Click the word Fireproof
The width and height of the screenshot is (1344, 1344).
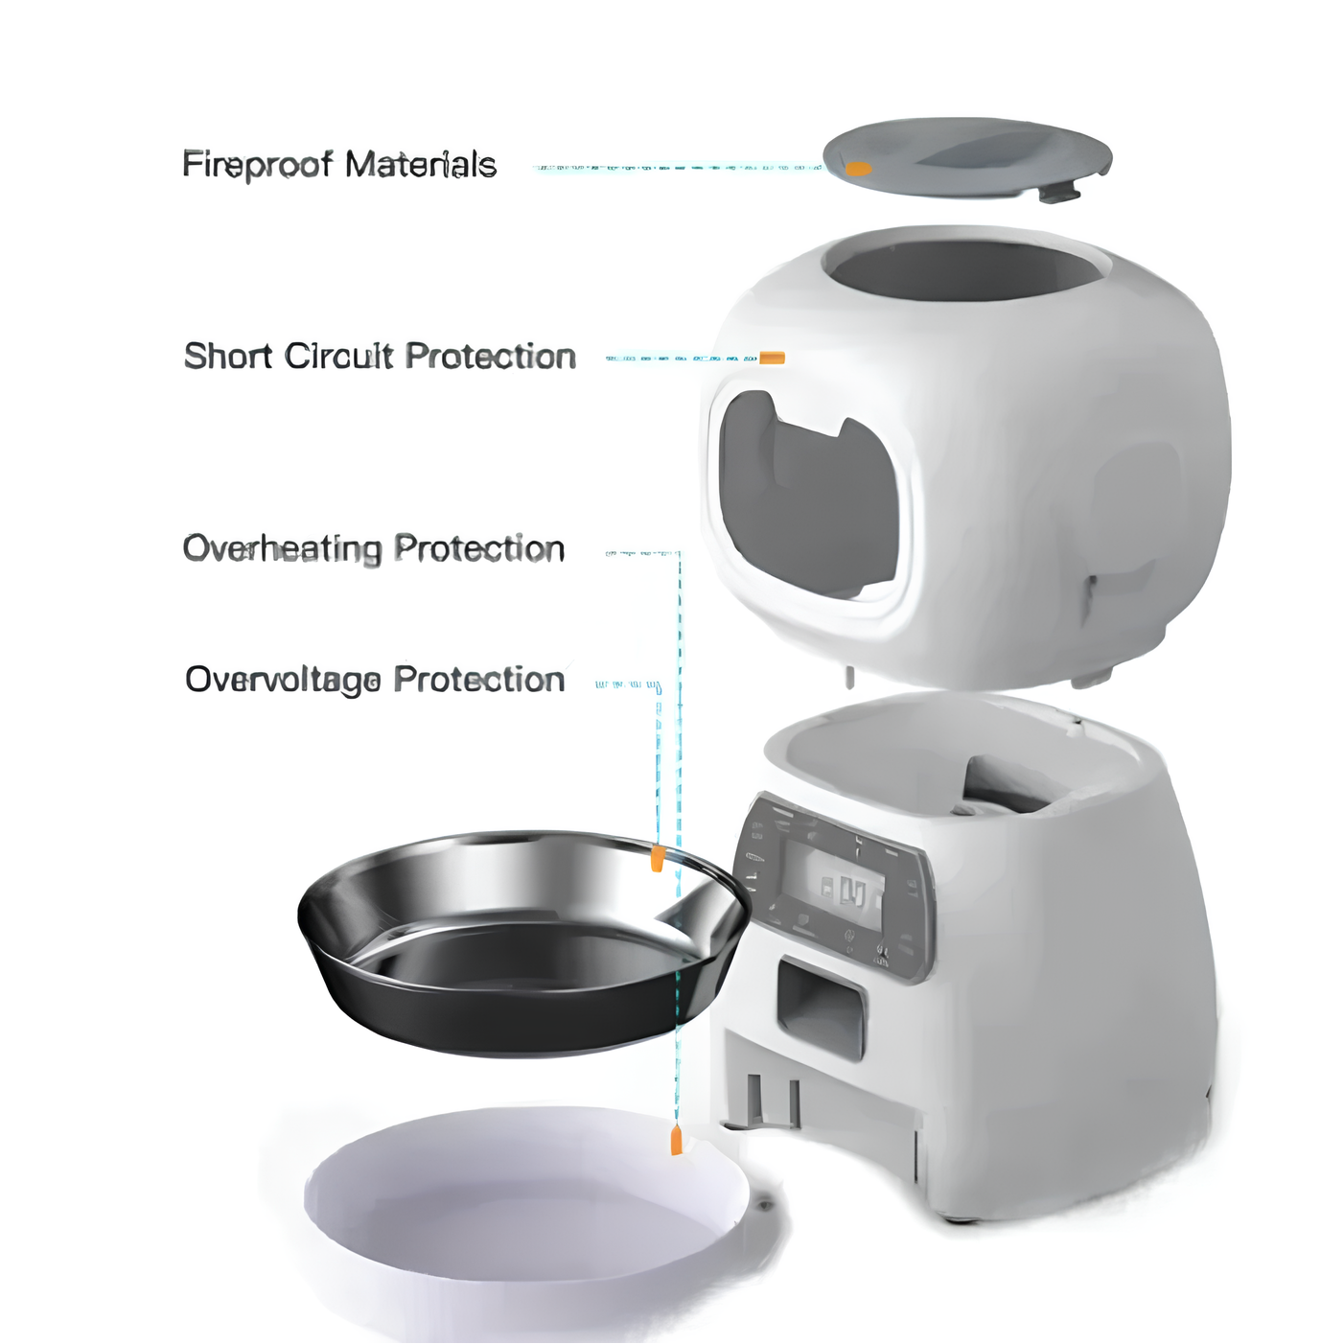(x=257, y=166)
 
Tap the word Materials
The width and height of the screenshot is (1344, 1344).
(x=421, y=165)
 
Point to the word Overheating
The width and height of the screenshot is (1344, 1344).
(x=282, y=549)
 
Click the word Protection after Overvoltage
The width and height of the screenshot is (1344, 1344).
(x=479, y=680)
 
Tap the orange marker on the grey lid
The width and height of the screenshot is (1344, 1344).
(x=858, y=168)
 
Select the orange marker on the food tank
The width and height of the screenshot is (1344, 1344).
(x=772, y=358)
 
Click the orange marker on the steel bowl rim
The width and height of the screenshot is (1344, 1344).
(x=656, y=858)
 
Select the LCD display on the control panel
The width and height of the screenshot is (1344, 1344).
(x=833, y=881)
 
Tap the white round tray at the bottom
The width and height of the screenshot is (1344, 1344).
(x=527, y=1199)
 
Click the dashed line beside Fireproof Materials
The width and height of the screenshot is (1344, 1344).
(x=677, y=168)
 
